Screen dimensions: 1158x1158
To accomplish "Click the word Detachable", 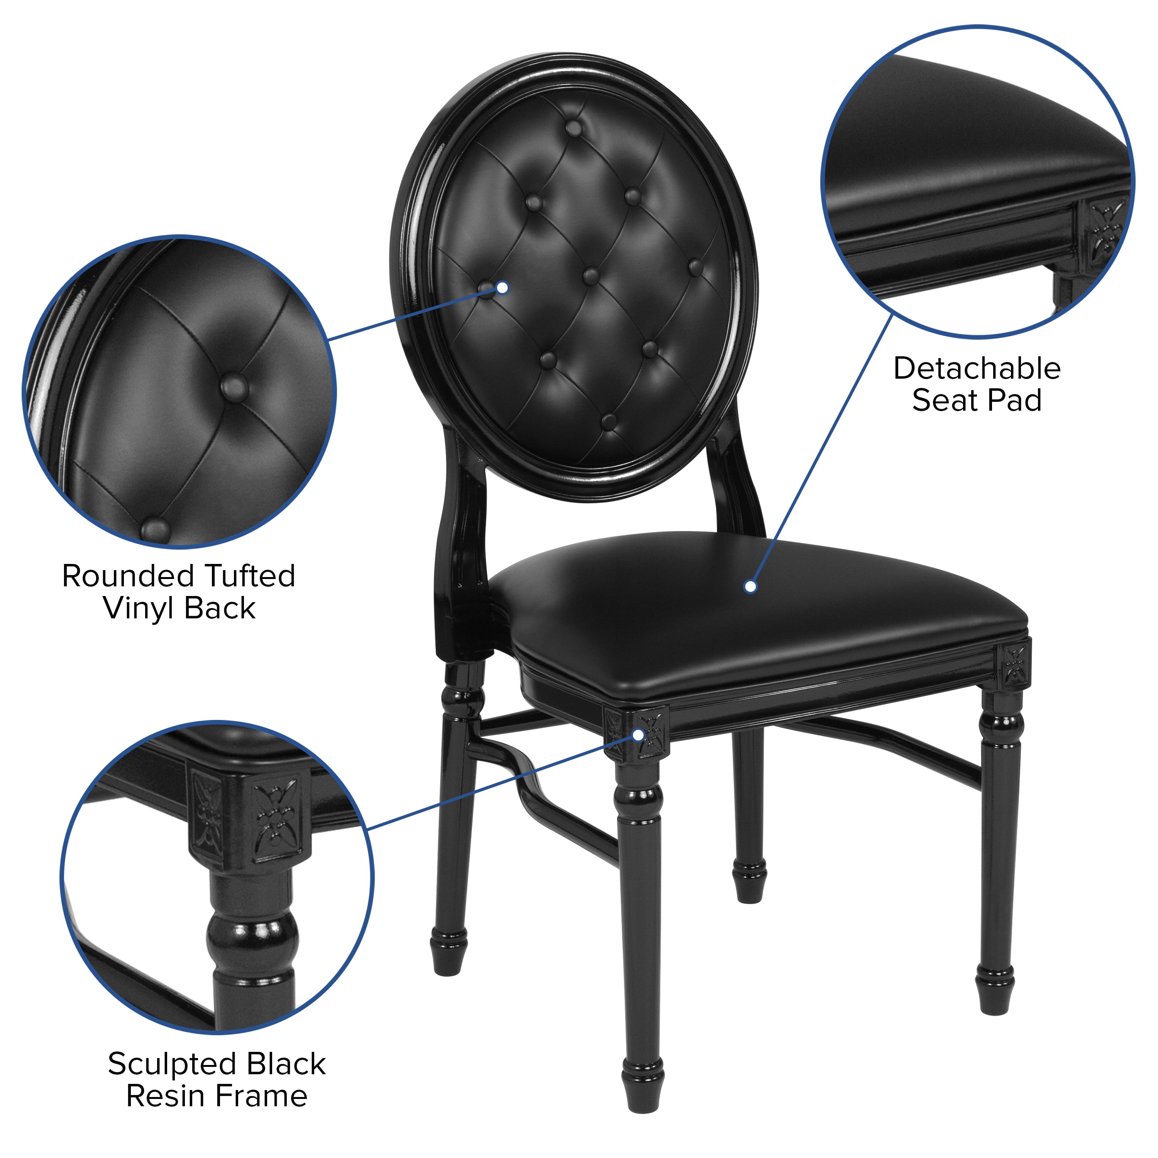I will (977, 369).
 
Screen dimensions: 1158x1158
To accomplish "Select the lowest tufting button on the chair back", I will (608, 422).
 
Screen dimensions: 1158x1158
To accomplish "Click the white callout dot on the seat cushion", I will (750, 587).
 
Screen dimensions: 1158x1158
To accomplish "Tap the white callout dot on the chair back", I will (502, 288).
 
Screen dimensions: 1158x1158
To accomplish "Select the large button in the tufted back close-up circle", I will (234, 387).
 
